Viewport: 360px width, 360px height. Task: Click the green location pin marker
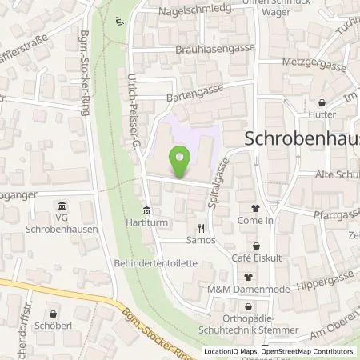[181, 163]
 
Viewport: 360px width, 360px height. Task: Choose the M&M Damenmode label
[254, 289]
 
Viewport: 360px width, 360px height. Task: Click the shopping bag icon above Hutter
[322, 102]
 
